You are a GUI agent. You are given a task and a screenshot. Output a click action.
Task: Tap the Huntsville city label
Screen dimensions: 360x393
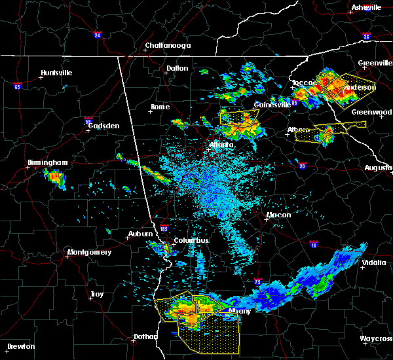click(x=56, y=73)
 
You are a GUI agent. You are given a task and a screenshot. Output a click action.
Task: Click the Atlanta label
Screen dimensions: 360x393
click(x=221, y=145)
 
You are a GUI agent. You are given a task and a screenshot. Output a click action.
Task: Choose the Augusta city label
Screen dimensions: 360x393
click(x=378, y=168)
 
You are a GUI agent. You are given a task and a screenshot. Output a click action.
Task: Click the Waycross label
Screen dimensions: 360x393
click(x=377, y=338)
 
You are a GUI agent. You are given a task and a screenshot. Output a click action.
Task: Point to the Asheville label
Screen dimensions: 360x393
click(x=366, y=7)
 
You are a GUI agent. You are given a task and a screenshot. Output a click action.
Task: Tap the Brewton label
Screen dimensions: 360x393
click(x=21, y=346)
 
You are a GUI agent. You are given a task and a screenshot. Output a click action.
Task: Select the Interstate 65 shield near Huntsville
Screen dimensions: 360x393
click(x=18, y=86)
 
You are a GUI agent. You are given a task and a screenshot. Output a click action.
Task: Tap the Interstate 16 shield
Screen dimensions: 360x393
click(x=314, y=244)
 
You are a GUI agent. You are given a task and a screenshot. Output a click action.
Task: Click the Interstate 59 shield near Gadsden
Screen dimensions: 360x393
click(x=87, y=120)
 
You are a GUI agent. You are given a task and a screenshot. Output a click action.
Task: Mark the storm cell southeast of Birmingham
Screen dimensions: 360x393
click(x=54, y=177)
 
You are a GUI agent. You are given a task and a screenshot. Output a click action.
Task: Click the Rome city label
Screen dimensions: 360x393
click(x=160, y=107)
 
